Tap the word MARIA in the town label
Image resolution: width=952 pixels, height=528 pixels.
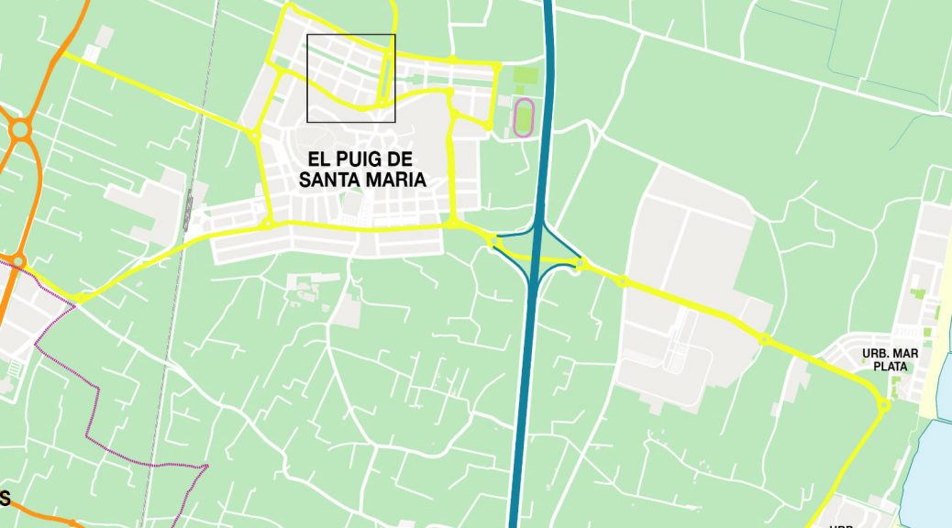pos(394,180)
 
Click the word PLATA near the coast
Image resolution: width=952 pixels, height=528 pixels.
pos(890,366)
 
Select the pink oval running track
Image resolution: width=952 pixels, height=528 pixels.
pos(524,117)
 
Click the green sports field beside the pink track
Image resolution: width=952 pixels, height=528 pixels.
pos(524,77)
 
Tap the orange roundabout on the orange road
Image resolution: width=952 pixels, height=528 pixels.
pos(19,130)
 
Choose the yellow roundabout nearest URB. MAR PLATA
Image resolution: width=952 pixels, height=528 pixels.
pos(883,405)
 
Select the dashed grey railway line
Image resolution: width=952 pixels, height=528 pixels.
pos(171,348)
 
